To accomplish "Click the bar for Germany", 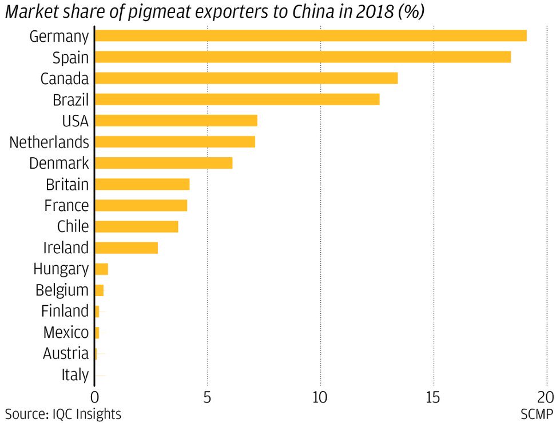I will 310,36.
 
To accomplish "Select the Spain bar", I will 302,57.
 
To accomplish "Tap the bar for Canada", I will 246,78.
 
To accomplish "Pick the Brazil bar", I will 237,99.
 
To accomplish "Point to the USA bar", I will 176,121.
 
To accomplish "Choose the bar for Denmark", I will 164,163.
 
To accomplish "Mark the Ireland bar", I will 126,248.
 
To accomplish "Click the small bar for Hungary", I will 101,269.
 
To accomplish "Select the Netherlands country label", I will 49,142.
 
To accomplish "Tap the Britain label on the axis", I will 67,184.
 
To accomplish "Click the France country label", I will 66,205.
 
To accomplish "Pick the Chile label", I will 73,226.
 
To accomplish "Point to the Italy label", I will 75,375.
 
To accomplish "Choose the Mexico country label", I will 66,332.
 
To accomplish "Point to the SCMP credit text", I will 537,413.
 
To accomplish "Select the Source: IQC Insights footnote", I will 63,413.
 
